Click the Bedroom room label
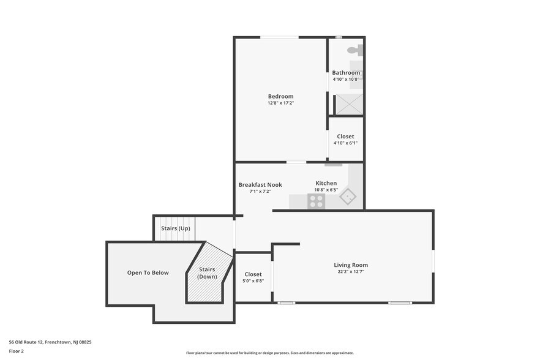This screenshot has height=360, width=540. pos(280,97)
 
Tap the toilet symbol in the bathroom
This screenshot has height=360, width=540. pos(355,50)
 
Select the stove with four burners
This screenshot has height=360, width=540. pos(316,201)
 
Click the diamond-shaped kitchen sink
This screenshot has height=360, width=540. pos(348,196)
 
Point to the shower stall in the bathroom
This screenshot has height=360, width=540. pos(349,103)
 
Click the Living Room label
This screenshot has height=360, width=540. pos(351,265)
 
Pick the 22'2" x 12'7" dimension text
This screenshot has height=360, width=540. pos(351,271)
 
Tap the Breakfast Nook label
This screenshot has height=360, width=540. pos(260,185)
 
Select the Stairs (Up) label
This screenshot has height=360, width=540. pos(176,228)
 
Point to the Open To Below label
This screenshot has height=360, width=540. pos(148,272)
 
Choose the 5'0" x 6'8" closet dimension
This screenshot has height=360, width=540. pos(253,281)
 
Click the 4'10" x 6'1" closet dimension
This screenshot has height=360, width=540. pos(345,143)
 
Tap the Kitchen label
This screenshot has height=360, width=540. pos(326,183)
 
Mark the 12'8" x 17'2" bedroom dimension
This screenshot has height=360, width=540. pos(280,103)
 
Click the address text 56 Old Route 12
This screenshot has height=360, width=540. pos(26,342)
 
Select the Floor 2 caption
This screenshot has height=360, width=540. pos(16,351)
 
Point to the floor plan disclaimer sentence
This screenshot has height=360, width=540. pos(270,353)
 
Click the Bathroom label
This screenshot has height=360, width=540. pos(346,73)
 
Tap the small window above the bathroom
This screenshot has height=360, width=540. pos(339,37)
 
